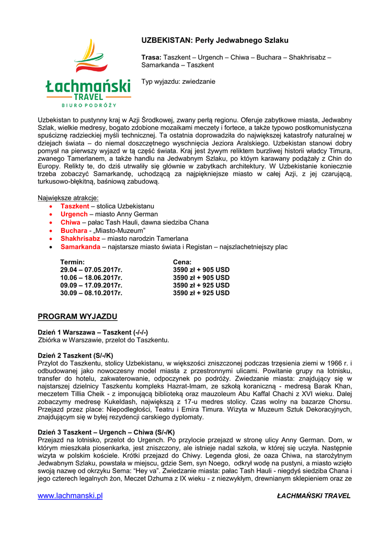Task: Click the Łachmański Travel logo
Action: (87, 73)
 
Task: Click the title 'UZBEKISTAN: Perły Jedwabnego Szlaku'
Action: (215, 40)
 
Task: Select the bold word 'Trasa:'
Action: (151, 57)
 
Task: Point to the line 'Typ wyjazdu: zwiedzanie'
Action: (178, 82)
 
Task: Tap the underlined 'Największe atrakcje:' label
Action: (68, 198)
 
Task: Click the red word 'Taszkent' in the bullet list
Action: (75, 206)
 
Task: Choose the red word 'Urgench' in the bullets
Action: (74, 214)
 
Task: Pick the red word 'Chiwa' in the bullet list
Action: (70, 222)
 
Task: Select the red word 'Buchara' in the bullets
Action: (74, 230)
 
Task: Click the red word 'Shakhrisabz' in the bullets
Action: (80, 238)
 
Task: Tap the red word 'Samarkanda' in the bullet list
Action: (80, 247)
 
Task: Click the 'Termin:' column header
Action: (73, 262)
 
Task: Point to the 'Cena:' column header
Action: (182, 262)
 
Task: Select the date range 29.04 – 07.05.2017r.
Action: (91, 270)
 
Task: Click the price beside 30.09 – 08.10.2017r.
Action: (201, 293)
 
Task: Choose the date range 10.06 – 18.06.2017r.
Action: (91, 277)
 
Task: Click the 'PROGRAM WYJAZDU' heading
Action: (77, 317)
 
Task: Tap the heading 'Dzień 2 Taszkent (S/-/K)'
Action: (75, 355)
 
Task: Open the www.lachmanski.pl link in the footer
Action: (70, 496)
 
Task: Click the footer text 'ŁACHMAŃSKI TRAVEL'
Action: (314, 496)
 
